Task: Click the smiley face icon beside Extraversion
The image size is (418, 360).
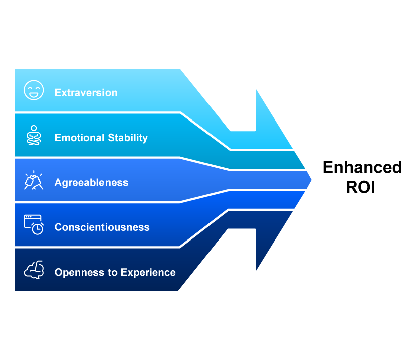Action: coord(34,90)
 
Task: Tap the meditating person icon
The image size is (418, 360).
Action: coord(34,135)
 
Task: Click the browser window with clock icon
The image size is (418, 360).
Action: coord(34,224)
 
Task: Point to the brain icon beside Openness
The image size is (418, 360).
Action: coord(34,270)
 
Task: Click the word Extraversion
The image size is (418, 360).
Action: coord(86,93)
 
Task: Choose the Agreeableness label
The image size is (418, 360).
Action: coord(91,183)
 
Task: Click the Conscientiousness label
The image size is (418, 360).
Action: coord(102,227)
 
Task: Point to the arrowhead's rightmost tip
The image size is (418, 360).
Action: coord(313,179)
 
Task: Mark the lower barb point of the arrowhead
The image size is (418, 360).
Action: coord(255,274)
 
